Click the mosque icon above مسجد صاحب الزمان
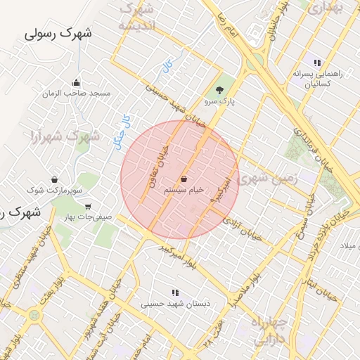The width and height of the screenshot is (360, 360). tap(76, 83)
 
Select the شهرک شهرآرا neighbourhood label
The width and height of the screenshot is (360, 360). tap(65, 136)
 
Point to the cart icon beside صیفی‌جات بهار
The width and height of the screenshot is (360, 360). tap(87, 207)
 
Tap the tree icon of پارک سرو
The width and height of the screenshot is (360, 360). tap(220, 90)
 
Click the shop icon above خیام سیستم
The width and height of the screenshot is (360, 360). tap(184, 179)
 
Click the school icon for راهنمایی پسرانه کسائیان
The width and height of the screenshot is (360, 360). tap(317, 63)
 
